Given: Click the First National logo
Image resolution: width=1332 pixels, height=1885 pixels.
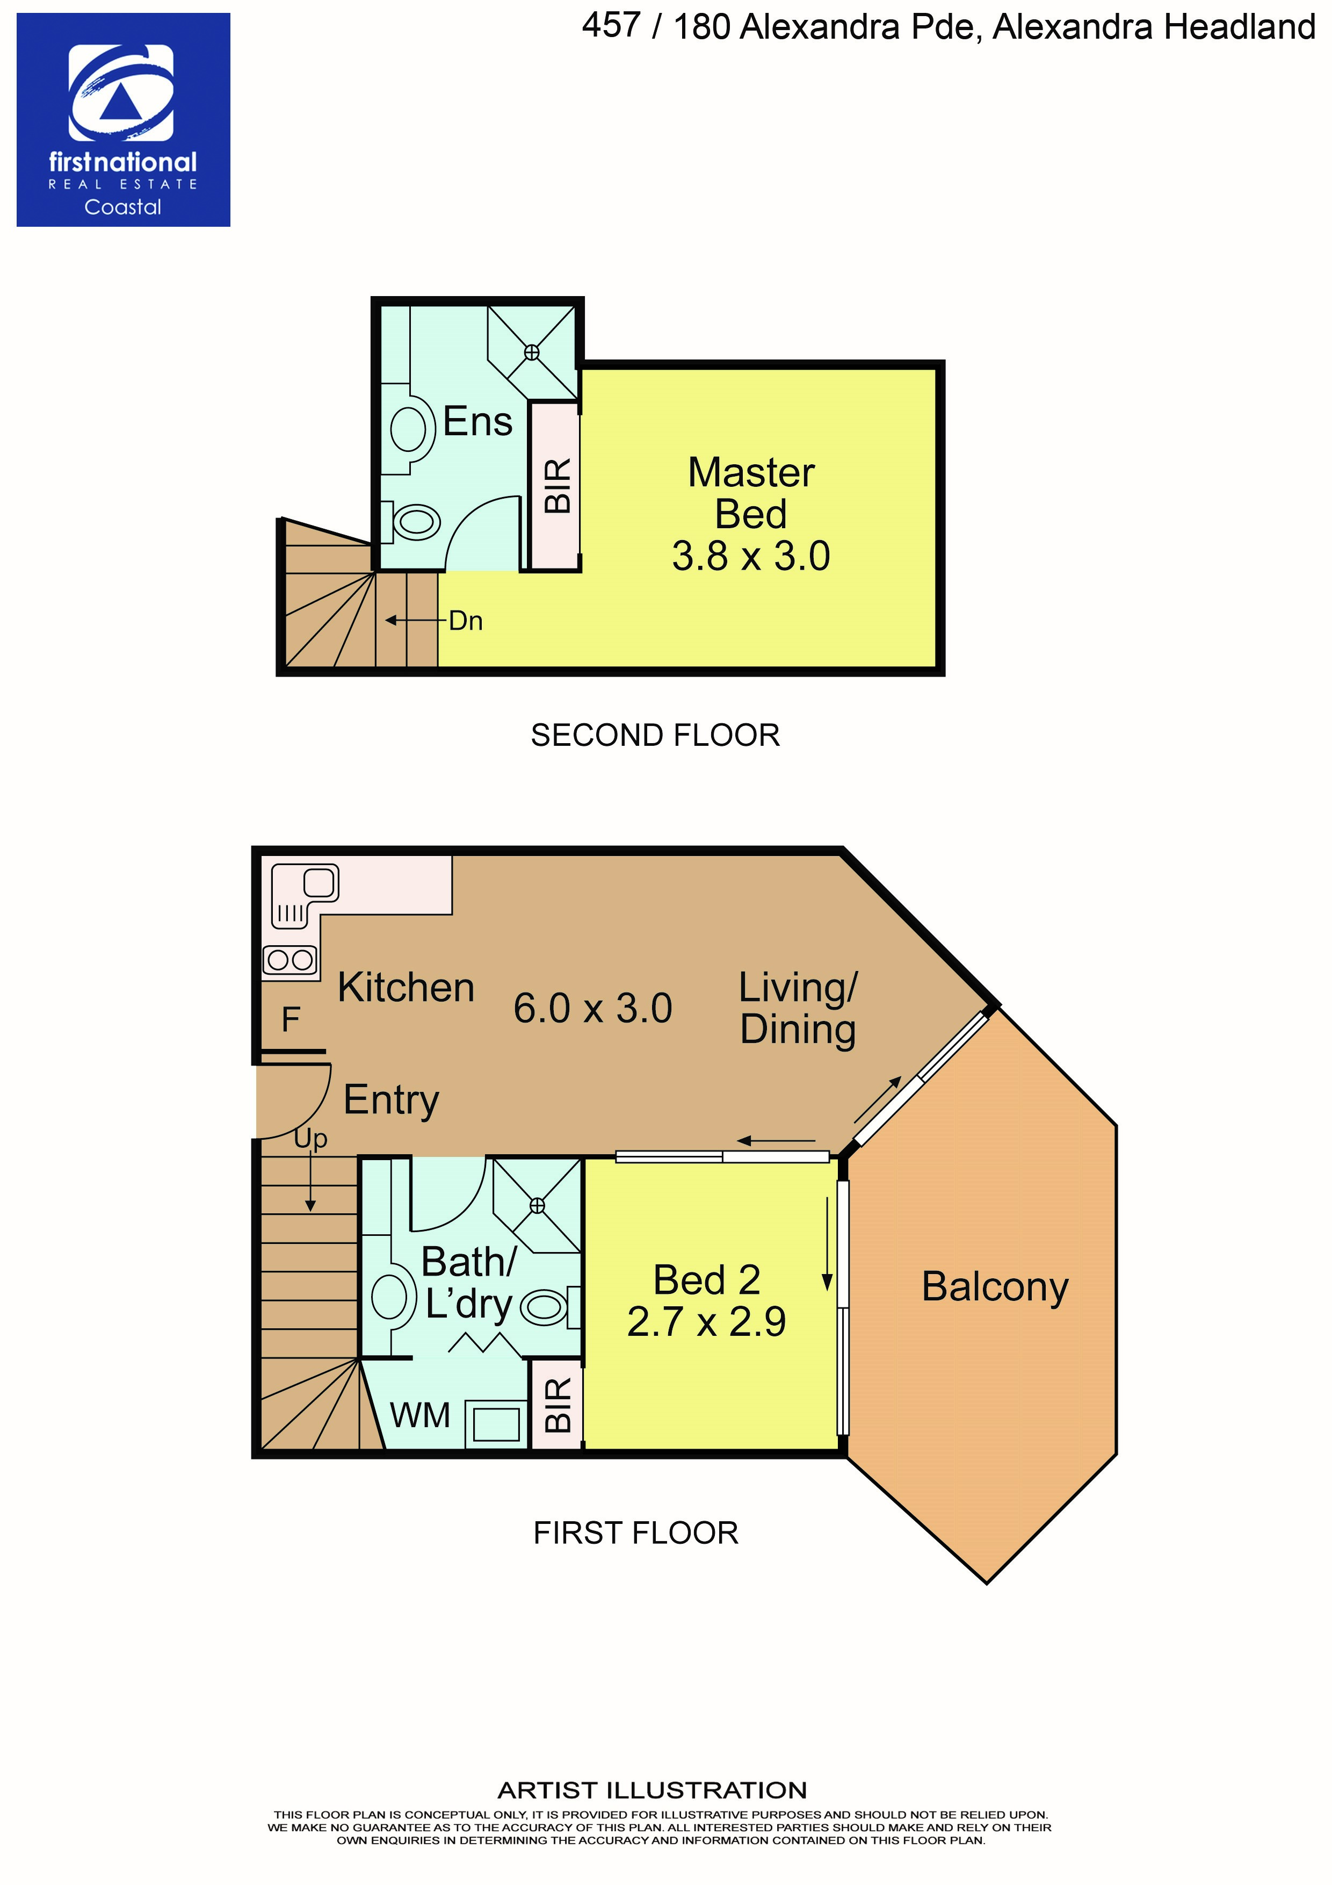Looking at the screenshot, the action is coord(123,120).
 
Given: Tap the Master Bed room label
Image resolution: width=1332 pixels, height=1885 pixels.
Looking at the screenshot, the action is coord(751,493).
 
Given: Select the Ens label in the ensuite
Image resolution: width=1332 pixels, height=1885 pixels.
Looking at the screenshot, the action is coord(477,422).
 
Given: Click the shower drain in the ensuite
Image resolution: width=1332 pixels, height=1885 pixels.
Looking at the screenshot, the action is coord(532,352).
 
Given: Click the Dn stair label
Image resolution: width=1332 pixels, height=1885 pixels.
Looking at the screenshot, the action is coord(465,621).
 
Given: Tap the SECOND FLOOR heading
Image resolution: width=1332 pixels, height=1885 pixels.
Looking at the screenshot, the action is coord(655,735).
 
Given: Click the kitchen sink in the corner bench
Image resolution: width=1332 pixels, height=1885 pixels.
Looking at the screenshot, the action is coord(319,882).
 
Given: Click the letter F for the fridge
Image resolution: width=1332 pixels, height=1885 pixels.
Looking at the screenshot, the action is coord(291,1020).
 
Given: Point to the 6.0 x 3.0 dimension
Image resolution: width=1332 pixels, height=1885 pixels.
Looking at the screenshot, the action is coord(592,1008).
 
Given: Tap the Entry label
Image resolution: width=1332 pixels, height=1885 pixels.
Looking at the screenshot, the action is coord(392,1100).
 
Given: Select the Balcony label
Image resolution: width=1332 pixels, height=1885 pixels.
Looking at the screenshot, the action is coord(995,1286).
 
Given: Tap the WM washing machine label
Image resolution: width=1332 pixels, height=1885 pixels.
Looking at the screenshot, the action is coord(420,1415).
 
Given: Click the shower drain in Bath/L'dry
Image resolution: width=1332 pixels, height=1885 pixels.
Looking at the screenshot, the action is coord(538,1205).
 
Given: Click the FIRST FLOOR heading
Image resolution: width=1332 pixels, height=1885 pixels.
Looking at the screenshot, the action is coord(636,1533).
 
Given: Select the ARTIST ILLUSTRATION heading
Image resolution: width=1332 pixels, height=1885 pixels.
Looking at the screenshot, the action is coord(653,1790).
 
